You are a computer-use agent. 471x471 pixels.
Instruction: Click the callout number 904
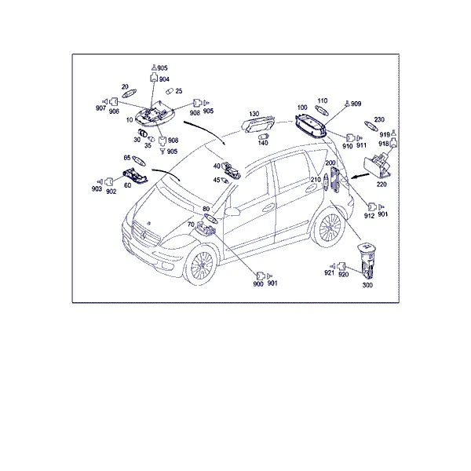tap(164, 79)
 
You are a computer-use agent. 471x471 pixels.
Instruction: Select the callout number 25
tap(179, 91)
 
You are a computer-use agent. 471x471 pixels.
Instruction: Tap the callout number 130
tap(254, 114)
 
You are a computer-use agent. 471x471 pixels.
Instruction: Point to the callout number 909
tap(356, 104)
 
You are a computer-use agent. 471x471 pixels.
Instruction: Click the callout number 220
tap(382, 184)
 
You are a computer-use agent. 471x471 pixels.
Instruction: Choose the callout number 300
tap(367, 285)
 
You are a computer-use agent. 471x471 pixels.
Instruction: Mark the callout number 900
tap(258, 284)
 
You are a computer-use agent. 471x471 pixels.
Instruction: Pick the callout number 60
tap(128, 185)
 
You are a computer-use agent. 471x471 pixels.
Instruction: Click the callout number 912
tap(369, 216)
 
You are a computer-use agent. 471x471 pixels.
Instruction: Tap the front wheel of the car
tap(202, 265)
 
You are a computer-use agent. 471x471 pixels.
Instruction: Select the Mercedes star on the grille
tap(144, 235)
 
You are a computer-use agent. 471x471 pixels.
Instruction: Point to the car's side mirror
tap(232, 211)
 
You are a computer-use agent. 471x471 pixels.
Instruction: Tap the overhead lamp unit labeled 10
tap(155, 115)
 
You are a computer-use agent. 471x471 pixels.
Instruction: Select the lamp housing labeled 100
tap(311, 126)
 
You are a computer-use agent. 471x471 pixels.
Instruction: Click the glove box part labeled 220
tap(378, 166)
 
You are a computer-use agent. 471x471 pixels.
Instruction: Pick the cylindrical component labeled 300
tap(367, 261)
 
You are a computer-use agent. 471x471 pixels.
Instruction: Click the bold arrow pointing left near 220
tap(360, 176)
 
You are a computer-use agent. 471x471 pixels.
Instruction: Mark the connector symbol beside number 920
tap(341, 266)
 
